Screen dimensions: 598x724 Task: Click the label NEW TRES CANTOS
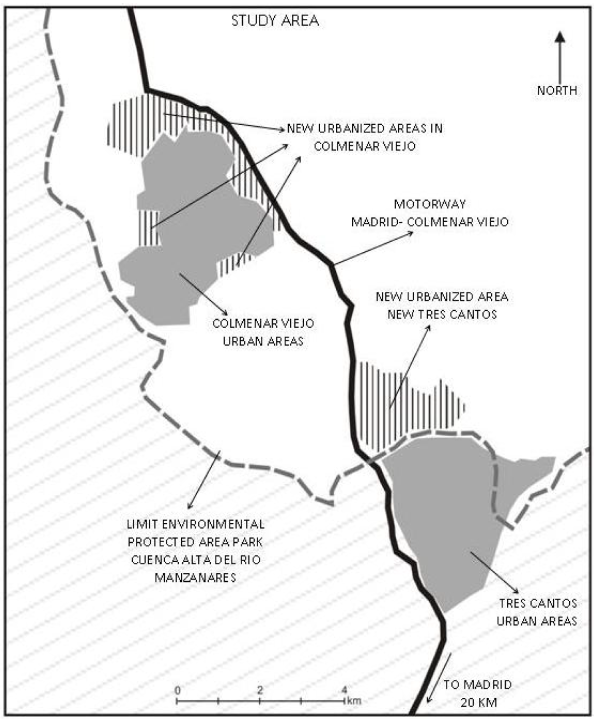tap(442, 314)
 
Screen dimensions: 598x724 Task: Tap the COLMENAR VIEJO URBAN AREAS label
tap(263, 332)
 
